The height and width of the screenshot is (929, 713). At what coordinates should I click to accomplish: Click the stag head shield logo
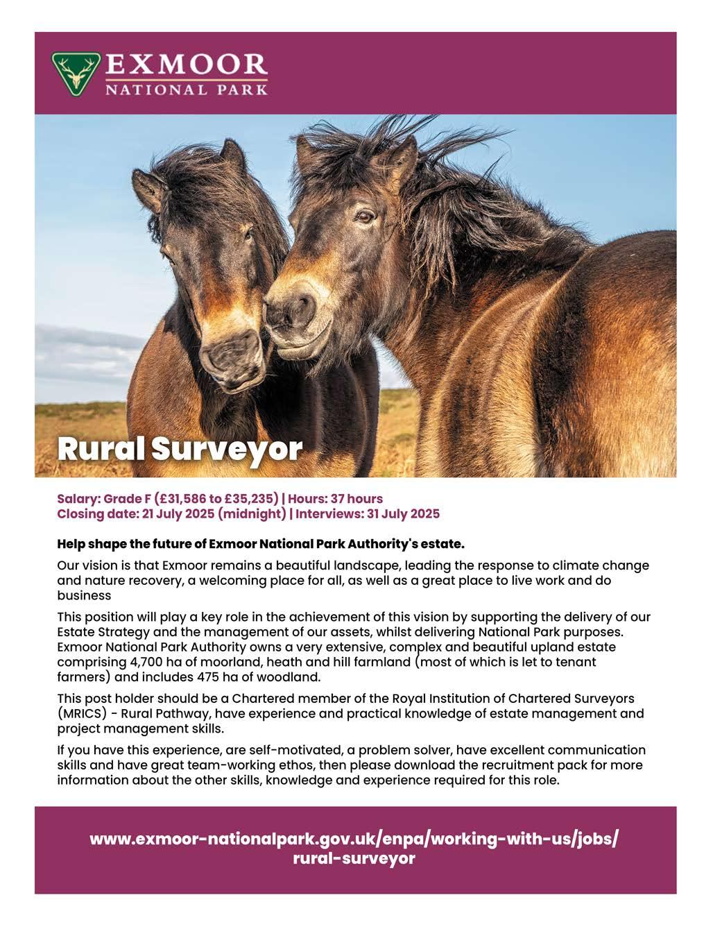[x=75, y=73]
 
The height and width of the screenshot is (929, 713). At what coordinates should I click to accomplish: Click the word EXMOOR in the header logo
[x=186, y=67]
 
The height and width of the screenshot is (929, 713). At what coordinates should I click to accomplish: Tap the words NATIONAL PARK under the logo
[x=186, y=90]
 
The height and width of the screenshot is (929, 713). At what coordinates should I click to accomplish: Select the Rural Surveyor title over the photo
[x=180, y=449]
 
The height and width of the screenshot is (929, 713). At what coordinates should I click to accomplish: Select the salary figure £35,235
[x=250, y=499]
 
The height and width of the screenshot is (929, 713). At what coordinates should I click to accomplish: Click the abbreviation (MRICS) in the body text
[x=80, y=713]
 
